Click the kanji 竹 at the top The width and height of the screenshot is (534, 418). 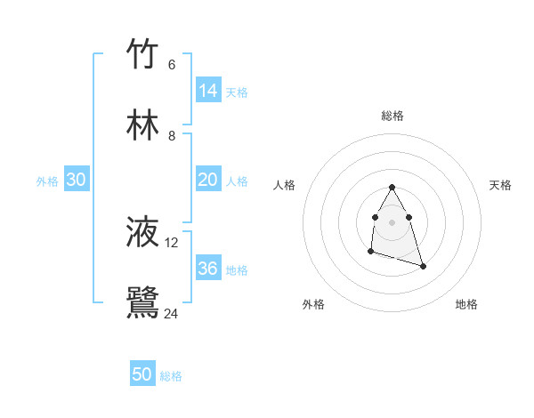click(142, 54)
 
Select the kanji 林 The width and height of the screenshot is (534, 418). click(142, 125)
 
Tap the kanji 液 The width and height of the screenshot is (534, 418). click(142, 232)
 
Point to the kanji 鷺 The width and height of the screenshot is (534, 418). click(142, 302)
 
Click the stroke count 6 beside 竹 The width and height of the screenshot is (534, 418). click(172, 64)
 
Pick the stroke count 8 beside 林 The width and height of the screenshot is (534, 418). click(172, 135)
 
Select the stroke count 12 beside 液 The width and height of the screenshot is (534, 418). click(172, 242)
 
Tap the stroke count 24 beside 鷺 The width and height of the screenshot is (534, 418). click(172, 313)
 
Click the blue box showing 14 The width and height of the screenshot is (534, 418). click(208, 90)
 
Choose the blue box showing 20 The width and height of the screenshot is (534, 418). click(208, 180)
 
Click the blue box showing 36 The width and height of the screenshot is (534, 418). click(208, 269)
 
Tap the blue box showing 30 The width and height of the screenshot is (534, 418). click(77, 180)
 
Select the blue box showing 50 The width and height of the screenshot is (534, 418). click(142, 374)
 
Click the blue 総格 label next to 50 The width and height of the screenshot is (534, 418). click(171, 376)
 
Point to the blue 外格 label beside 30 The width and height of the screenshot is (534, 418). click(47, 181)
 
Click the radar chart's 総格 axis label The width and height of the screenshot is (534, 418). click(392, 116)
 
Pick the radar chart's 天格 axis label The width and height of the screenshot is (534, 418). click(500, 185)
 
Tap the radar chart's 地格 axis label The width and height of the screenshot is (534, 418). click(466, 304)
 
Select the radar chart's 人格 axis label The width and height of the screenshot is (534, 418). click(285, 185)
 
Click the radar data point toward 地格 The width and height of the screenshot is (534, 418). click(423, 267)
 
